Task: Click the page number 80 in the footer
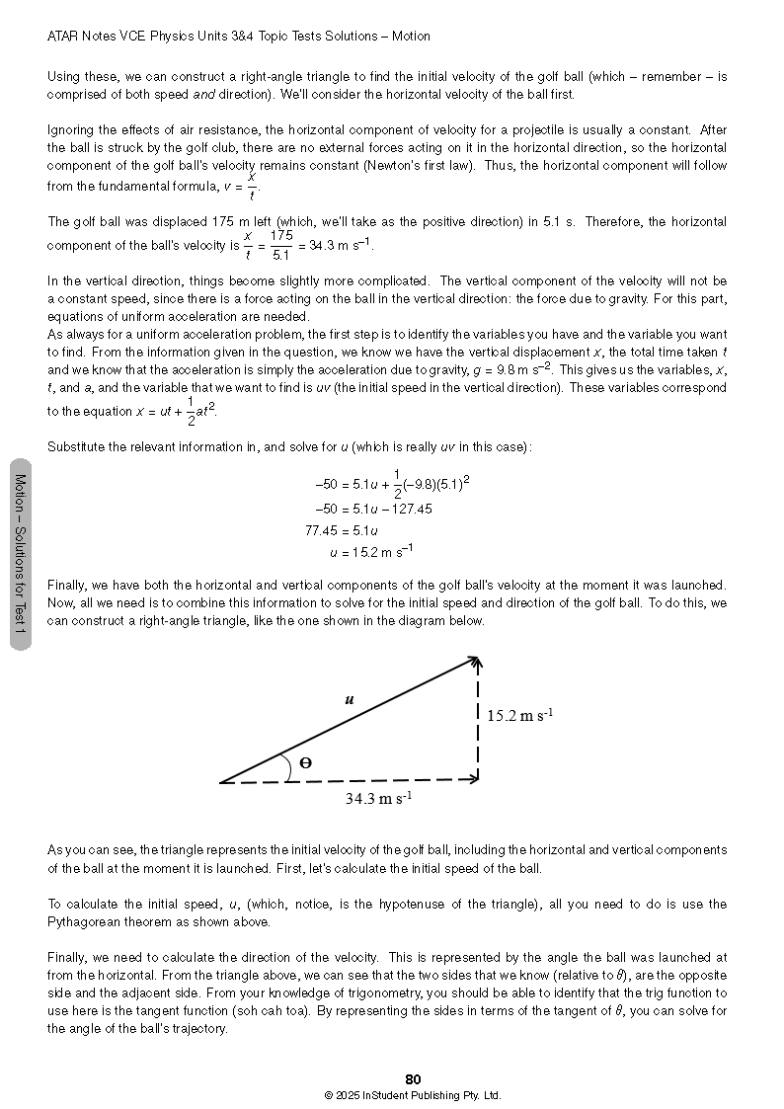pyautogui.click(x=414, y=1079)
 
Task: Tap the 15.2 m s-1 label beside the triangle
pyautogui.click(x=519, y=715)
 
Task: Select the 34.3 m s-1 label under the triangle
pyautogui.click(x=378, y=799)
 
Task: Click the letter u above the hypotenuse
pyautogui.click(x=349, y=699)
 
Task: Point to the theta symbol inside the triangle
pyautogui.click(x=305, y=762)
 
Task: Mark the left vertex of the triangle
pyautogui.click(x=221, y=782)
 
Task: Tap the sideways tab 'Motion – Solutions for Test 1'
pyautogui.click(x=20, y=554)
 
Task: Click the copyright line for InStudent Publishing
pyautogui.click(x=413, y=1095)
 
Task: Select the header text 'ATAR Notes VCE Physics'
pyautogui.click(x=128, y=37)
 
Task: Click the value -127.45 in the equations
pyautogui.click(x=405, y=510)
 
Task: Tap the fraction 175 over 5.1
pyautogui.click(x=281, y=243)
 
